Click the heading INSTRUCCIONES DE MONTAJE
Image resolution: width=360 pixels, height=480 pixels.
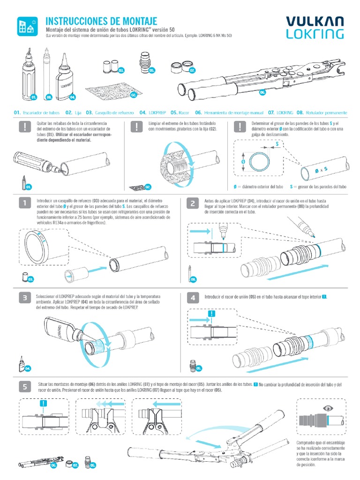tap(101, 21)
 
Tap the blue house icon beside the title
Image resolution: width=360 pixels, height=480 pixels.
tap(27, 26)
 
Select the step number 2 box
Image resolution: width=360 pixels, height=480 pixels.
tap(193, 203)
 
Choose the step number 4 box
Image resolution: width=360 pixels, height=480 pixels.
tap(193, 298)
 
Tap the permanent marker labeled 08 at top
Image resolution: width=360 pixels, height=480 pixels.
tap(47, 75)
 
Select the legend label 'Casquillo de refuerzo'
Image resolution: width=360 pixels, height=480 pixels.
tap(114, 113)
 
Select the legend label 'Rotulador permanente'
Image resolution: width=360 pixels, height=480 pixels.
tap(327, 113)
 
